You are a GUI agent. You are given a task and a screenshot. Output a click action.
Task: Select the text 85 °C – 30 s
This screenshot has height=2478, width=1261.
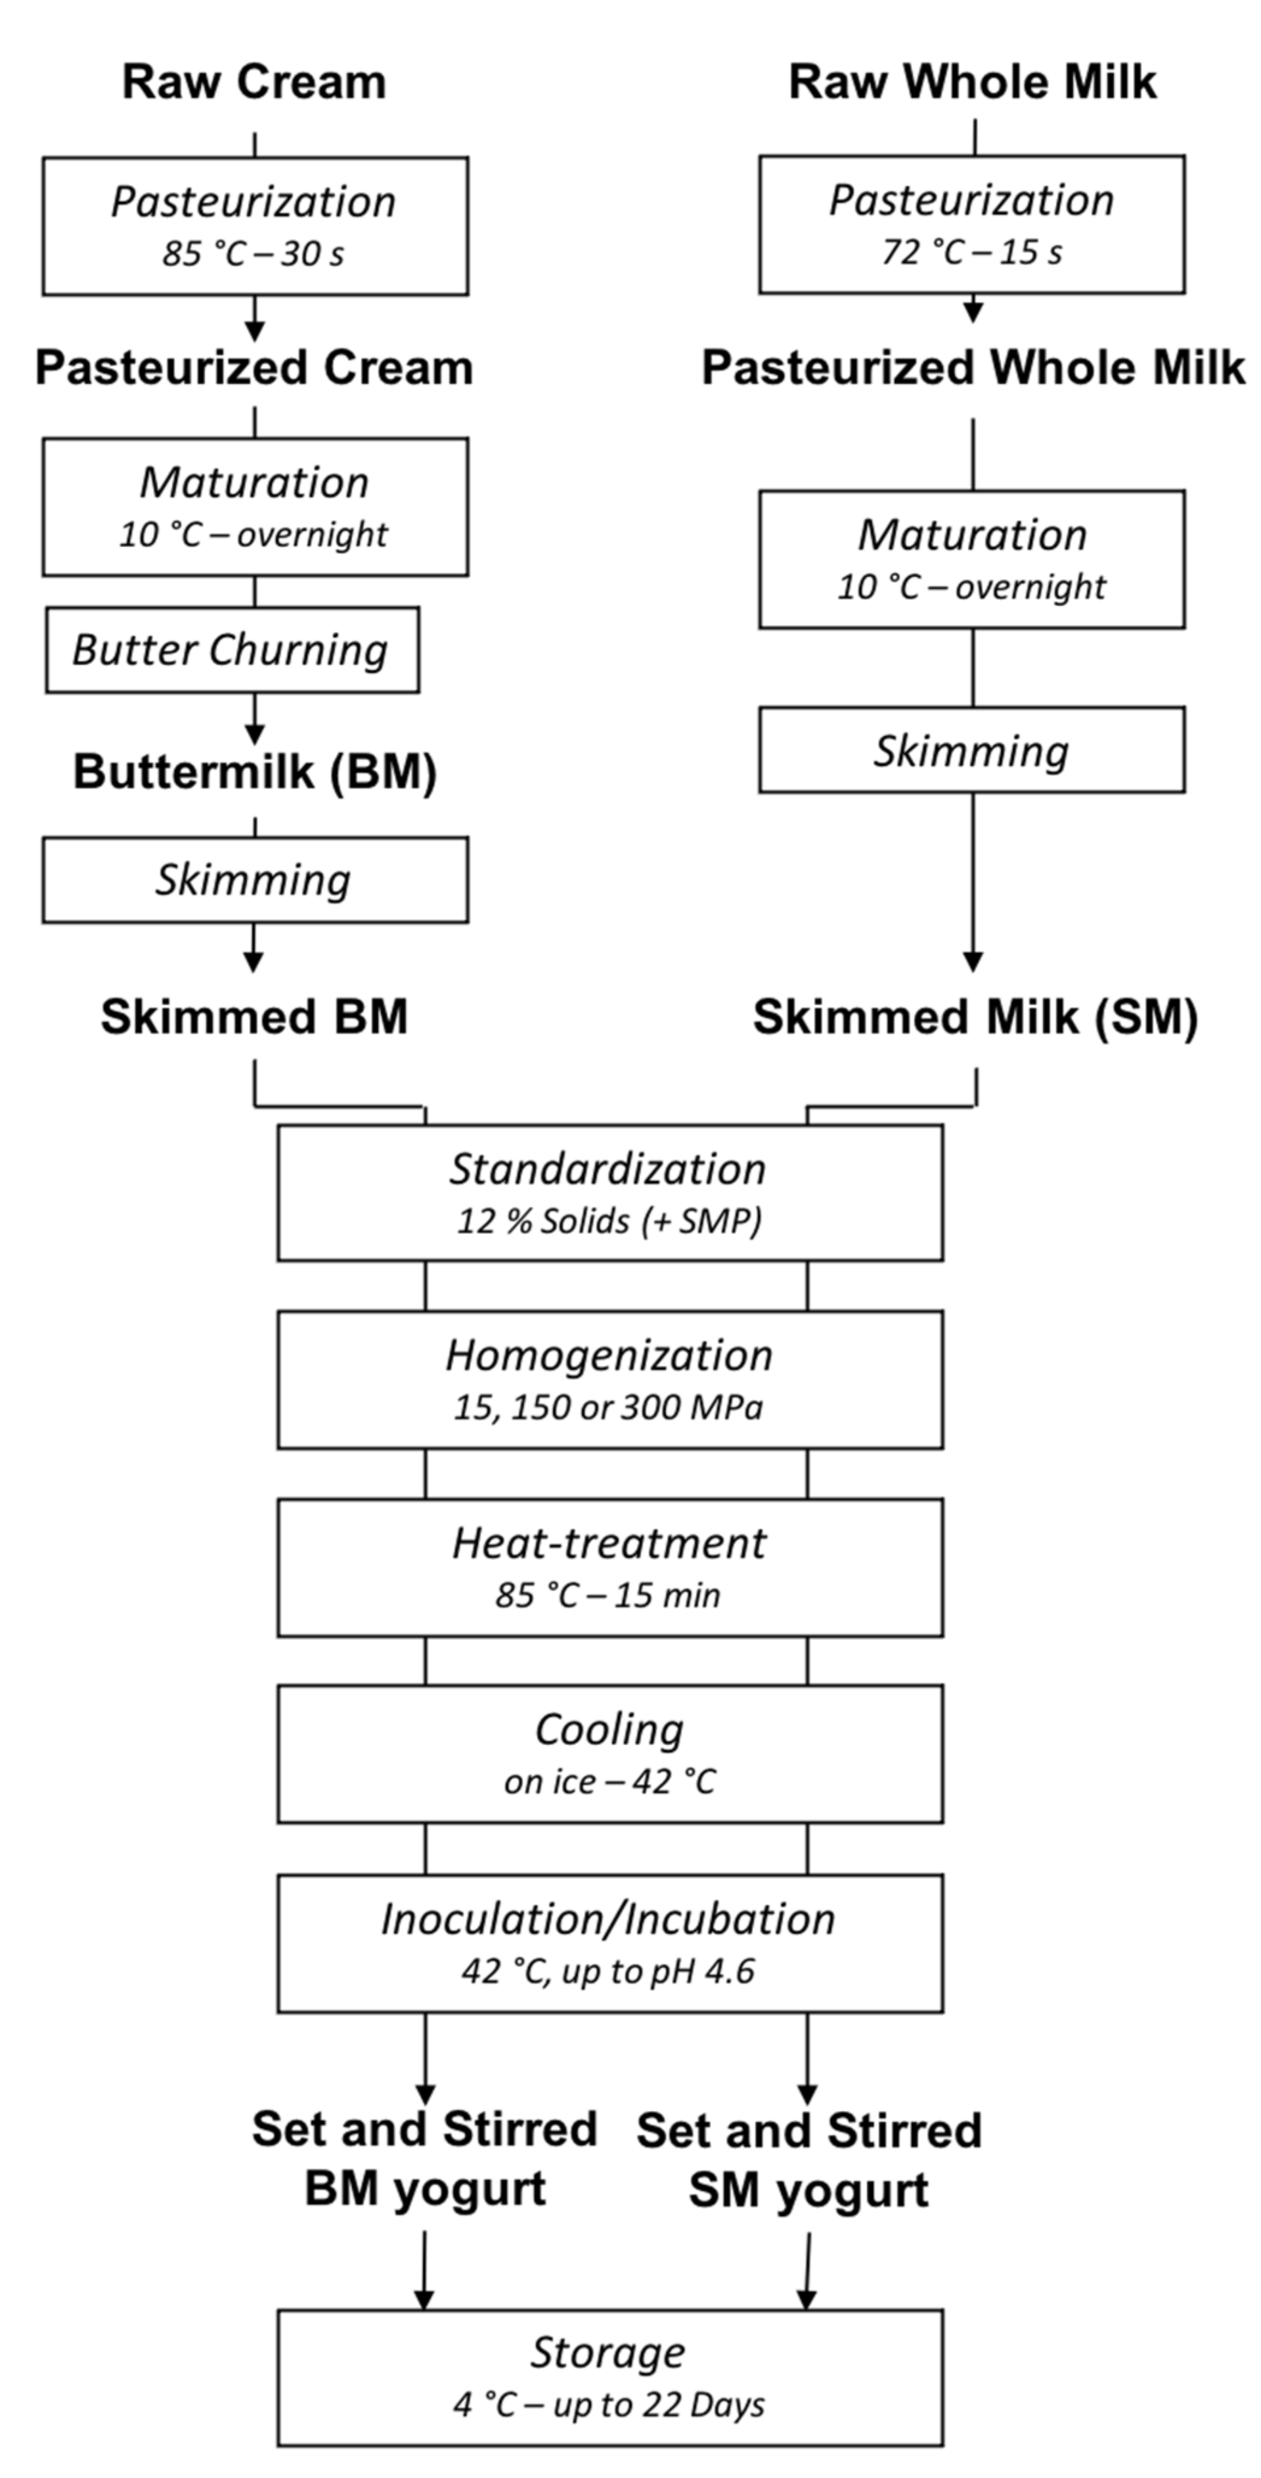click(x=253, y=254)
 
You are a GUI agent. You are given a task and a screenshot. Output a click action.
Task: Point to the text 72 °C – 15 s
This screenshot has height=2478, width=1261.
click(x=971, y=252)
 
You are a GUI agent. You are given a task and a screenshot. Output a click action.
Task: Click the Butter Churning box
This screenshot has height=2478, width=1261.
click(x=232, y=650)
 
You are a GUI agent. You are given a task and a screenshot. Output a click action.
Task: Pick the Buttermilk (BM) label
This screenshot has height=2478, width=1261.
click(x=255, y=772)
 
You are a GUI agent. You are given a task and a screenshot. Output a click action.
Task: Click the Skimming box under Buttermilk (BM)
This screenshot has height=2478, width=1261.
click(x=255, y=879)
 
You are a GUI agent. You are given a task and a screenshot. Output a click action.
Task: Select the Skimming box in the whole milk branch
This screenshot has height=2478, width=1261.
click(x=971, y=750)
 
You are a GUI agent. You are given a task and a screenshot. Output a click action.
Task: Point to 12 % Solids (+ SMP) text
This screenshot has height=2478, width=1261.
click(x=609, y=1221)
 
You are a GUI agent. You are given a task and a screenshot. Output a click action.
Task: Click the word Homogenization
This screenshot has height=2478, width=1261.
click(x=609, y=1356)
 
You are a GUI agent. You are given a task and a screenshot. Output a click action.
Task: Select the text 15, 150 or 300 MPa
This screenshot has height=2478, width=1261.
click(x=609, y=1407)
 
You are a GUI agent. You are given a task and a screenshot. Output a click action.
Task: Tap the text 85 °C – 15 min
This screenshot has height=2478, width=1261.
click(x=609, y=1595)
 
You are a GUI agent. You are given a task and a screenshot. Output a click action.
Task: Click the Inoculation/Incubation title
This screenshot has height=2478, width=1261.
click(x=609, y=1919)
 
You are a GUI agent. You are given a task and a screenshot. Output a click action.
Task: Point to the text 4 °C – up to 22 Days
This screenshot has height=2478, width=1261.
click(x=609, y=2405)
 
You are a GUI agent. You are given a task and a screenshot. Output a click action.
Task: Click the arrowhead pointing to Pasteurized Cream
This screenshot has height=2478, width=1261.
click(x=254, y=331)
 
